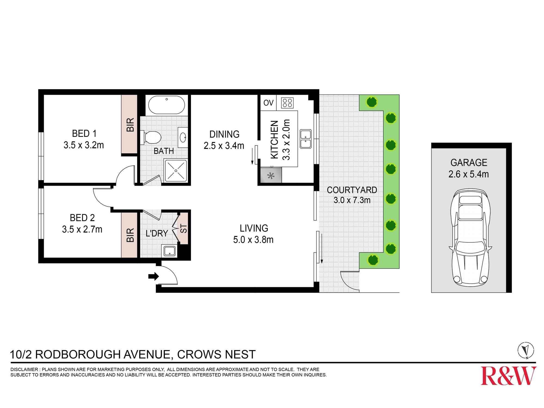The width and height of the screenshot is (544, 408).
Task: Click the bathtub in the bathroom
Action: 166,105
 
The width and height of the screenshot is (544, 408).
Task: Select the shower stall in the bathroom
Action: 176,171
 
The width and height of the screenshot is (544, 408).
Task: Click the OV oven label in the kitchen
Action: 268,103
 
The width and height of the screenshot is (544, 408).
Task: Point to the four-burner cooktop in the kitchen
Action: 287,103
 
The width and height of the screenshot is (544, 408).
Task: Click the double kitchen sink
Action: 305,139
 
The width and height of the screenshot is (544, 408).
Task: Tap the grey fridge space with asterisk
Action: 271,175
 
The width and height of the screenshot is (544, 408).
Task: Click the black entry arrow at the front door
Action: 153,276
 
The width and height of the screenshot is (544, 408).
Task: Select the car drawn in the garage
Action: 470,237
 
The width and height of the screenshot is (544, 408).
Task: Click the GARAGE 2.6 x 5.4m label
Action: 468,168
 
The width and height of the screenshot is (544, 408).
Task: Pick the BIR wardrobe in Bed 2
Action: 129,235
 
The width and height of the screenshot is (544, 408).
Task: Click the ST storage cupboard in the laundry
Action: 184,228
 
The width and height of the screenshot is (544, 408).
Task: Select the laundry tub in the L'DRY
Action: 169,251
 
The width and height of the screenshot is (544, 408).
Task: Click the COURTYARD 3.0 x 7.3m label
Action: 352,195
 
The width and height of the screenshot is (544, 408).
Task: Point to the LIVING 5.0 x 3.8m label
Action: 254,234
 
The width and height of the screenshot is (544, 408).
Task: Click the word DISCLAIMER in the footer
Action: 24,369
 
